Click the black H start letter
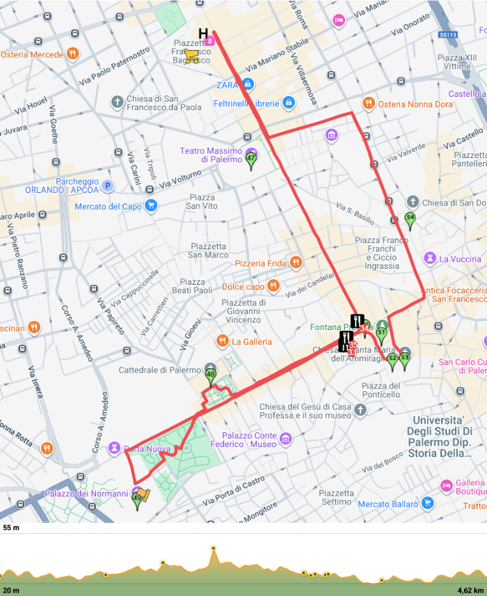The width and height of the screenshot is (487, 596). click(x=203, y=33)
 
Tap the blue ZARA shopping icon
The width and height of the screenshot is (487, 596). click(x=248, y=85)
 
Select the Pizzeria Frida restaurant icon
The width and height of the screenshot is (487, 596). click(x=296, y=262)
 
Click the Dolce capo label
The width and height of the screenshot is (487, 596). click(x=243, y=286)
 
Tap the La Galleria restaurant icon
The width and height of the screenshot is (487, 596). click(x=222, y=341)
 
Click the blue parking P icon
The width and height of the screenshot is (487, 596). click(x=107, y=185)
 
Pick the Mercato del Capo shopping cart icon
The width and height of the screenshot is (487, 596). click(x=151, y=206)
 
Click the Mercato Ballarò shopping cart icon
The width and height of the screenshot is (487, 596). click(x=427, y=503)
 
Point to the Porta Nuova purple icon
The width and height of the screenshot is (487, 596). click(x=115, y=449)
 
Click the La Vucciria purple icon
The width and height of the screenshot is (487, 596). click(x=430, y=258)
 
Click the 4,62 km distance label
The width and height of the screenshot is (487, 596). click(x=470, y=590)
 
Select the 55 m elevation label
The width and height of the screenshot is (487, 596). click(x=10, y=528)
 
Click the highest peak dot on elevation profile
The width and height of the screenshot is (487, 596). click(x=214, y=549)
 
